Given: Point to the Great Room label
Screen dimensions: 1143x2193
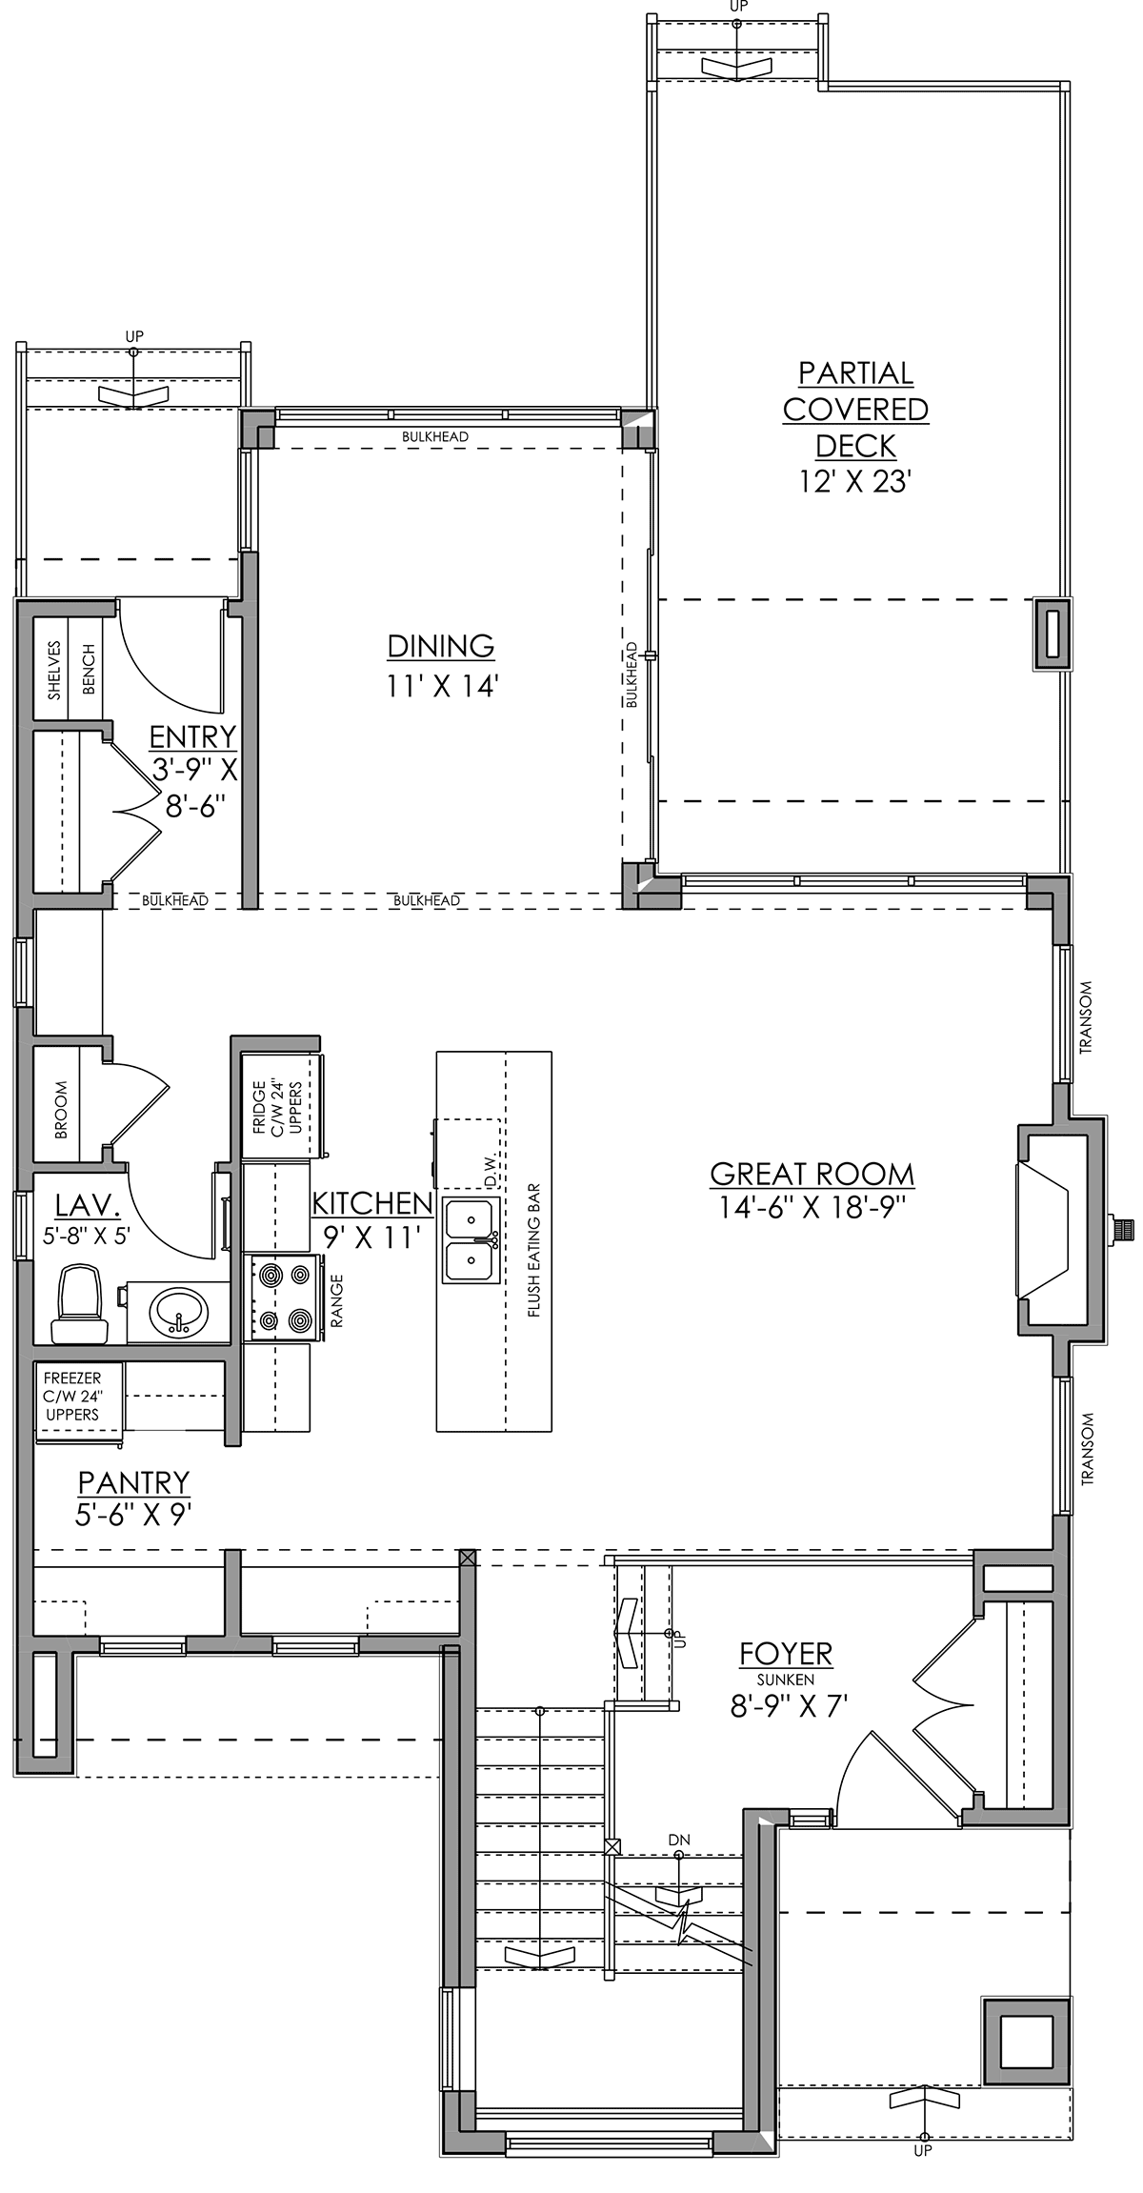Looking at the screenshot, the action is pyautogui.click(x=812, y=1174).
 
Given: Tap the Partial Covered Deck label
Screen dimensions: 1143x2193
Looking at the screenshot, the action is pyautogui.click(x=855, y=409).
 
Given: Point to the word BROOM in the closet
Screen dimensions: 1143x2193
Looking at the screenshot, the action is pyautogui.click(x=62, y=1110).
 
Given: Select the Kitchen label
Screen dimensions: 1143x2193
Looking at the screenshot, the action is pyautogui.click(x=372, y=1203).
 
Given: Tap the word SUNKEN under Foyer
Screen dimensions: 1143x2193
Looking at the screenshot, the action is pyautogui.click(x=786, y=1679).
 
